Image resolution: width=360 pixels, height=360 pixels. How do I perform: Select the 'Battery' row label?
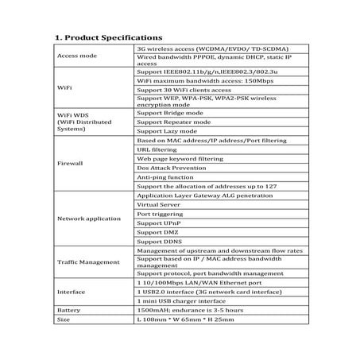click(69, 311)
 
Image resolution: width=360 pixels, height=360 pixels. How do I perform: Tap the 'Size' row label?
click(64, 319)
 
